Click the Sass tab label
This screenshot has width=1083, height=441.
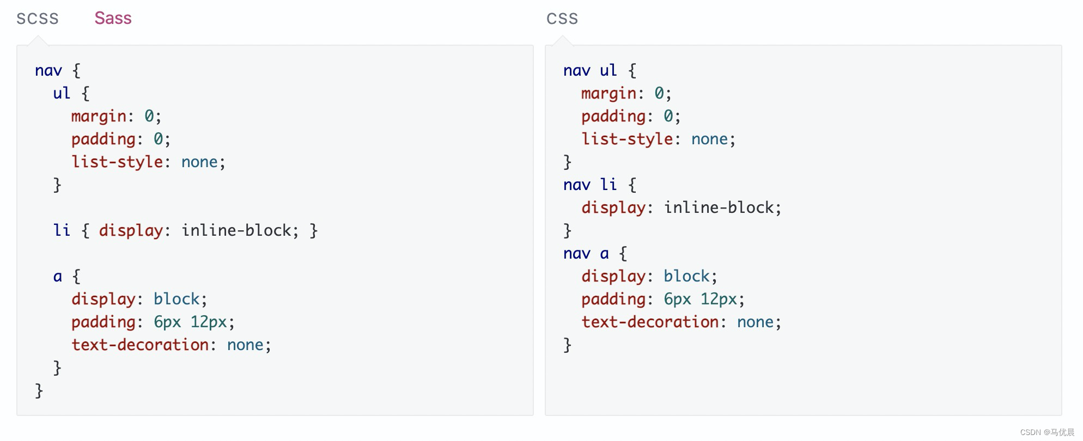tap(113, 18)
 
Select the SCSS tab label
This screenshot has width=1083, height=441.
tap(37, 19)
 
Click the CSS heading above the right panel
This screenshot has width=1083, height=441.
tap(562, 19)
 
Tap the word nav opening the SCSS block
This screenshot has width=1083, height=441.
tap(48, 71)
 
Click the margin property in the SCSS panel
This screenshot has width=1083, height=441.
tap(99, 117)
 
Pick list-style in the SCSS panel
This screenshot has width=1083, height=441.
tap(117, 162)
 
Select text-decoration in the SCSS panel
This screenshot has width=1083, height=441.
tap(140, 345)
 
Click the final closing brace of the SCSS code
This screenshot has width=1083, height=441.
tap(39, 391)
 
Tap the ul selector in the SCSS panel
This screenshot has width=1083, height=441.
tap(62, 93)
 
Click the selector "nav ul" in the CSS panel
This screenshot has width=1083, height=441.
tap(590, 70)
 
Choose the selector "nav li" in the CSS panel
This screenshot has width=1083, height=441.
tap(590, 185)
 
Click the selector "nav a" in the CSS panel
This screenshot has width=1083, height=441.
tap(586, 253)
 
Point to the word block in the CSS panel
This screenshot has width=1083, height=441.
tap(686, 276)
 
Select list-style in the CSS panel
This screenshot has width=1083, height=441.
tap(627, 139)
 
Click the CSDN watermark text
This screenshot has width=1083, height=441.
tap(1047, 432)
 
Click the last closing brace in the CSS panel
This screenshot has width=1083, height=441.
tap(567, 345)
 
